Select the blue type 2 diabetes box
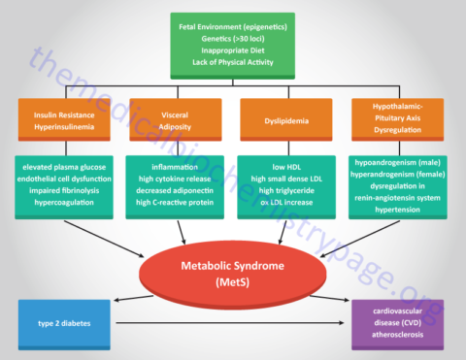(x=64, y=324)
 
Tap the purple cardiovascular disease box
(x=401, y=324)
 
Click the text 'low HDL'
(x=286, y=167)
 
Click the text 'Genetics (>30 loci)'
(x=232, y=37)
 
